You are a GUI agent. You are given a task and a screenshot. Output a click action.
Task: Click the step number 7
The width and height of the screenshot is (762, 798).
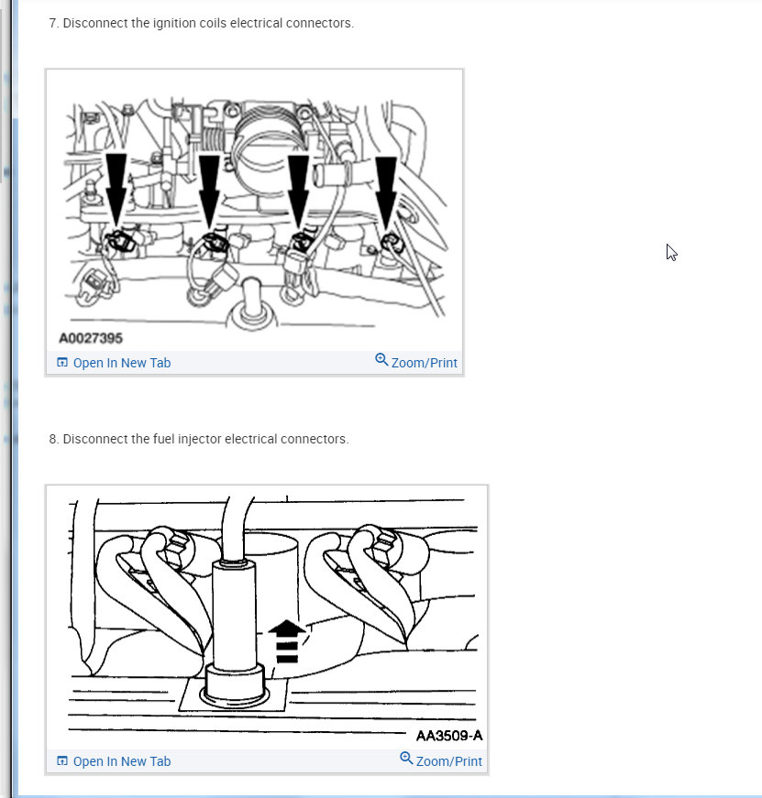click(x=53, y=24)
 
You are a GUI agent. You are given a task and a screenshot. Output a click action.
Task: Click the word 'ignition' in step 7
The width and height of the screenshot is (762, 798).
click(x=172, y=24)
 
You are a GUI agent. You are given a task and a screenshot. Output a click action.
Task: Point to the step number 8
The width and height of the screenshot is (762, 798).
click(x=53, y=439)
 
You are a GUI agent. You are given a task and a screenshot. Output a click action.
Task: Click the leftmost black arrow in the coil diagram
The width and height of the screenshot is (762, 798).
click(x=116, y=190)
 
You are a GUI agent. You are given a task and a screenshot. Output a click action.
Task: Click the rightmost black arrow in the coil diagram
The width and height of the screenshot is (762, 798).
click(x=385, y=192)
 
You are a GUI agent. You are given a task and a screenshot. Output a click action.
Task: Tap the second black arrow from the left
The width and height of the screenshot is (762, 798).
click(x=209, y=191)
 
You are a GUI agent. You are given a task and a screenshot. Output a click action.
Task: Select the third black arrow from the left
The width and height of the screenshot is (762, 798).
click(x=298, y=191)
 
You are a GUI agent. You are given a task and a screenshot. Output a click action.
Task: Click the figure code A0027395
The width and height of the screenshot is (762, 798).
click(x=91, y=338)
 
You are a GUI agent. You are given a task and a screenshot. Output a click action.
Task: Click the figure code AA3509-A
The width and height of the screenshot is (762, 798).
click(x=449, y=736)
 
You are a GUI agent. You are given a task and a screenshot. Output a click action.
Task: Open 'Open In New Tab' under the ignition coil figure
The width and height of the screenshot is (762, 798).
click(x=122, y=363)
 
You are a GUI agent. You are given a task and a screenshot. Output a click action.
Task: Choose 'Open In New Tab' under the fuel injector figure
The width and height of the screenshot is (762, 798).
click(x=122, y=761)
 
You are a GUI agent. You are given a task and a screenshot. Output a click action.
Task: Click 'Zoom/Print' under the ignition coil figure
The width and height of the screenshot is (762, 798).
click(x=424, y=363)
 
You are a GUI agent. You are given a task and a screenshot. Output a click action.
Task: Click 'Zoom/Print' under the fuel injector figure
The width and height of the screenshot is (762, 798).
click(x=448, y=761)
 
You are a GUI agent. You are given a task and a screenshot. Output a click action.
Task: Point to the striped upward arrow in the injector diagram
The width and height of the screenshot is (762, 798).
click(x=287, y=640)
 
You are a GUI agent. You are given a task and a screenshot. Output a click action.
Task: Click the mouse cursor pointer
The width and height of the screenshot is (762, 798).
click(x=671, y=253)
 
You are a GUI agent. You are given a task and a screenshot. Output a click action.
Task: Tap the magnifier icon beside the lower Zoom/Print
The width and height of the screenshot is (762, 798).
click(x=406, y=758)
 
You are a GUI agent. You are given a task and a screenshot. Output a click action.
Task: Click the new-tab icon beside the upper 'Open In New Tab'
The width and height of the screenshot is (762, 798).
click(x=62, y=363)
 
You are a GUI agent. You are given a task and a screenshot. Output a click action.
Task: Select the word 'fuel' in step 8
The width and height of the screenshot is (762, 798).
click(x=163, y=439)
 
